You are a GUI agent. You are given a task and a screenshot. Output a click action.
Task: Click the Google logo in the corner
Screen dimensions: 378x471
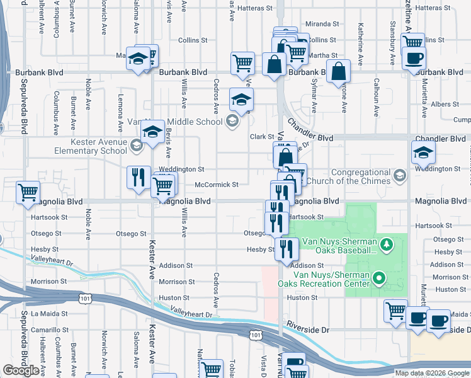pyautogui.click(x=21, y=370)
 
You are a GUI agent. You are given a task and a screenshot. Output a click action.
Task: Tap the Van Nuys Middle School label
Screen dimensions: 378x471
pyautogui.click(x=189, y=122)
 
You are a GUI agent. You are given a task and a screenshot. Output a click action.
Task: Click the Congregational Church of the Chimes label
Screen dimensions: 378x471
pyautogui.click(x=361, y=176)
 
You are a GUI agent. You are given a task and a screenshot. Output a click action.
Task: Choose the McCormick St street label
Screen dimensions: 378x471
pyautogui.click(x=216, y=185)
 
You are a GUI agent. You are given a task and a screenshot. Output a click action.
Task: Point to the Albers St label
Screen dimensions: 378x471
pyautogui.click(x=445, y=104)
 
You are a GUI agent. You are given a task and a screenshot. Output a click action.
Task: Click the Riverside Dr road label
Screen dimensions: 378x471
pyautogui.click(x=308, y=329)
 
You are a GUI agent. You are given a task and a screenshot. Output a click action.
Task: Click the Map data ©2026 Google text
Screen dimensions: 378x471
pyautogui.click(x=431, y=373)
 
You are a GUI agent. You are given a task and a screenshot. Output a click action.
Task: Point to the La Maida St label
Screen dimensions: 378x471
pyautogui.click(x=47, y=313)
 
